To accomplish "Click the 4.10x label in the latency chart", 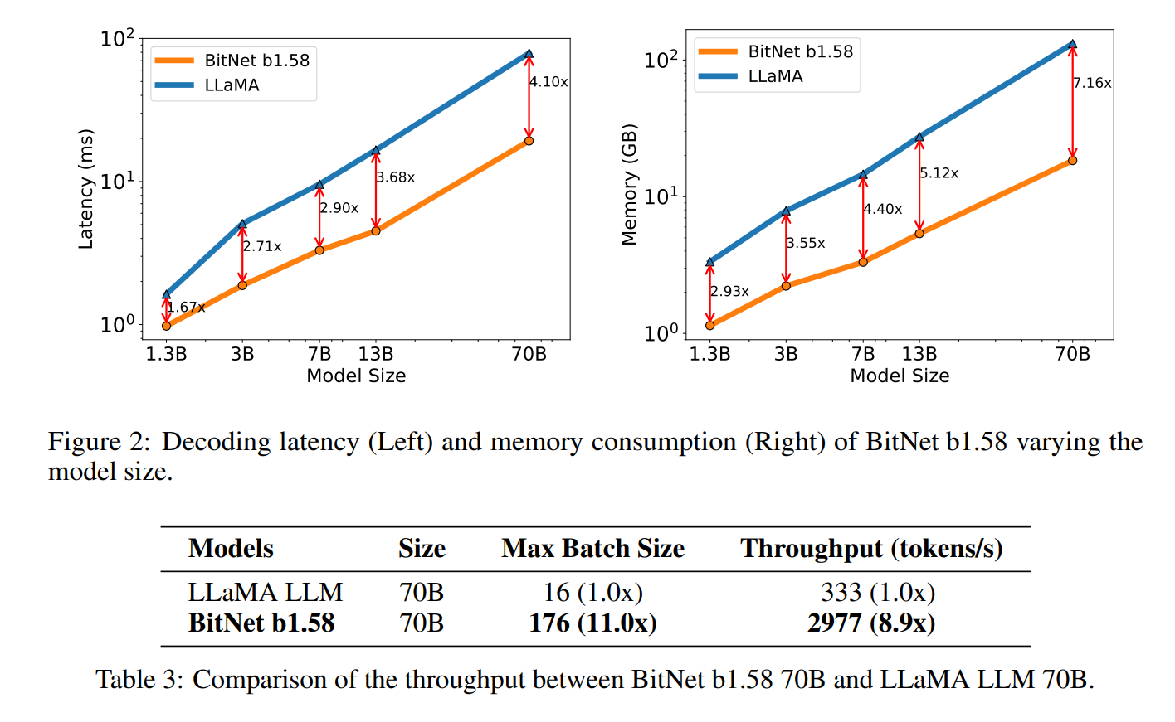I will (x=548, y=82).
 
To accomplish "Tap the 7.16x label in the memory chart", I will (x=1092, y=83).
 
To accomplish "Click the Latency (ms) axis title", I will (x=85, y=189).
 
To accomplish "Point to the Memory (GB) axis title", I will (x=629, y=184).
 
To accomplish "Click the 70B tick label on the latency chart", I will (x=529, y=354).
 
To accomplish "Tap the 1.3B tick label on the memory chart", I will (x=709, y=354).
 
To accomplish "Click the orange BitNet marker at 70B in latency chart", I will (x=529, y=141).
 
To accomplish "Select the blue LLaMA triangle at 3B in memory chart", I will (x=786, y=211).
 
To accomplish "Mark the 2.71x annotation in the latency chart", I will (x=262, y=246).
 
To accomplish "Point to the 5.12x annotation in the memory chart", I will (x=939, y=173).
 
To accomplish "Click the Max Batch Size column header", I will (x=592, y=549).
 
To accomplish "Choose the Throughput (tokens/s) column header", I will (x=871, y=549).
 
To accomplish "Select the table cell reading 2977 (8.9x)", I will (x=871, y=623).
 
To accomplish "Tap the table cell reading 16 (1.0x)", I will (x=592, y=592).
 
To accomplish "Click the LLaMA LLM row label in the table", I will (x=265, y=592).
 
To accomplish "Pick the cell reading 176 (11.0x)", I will (x=592, y=623).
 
